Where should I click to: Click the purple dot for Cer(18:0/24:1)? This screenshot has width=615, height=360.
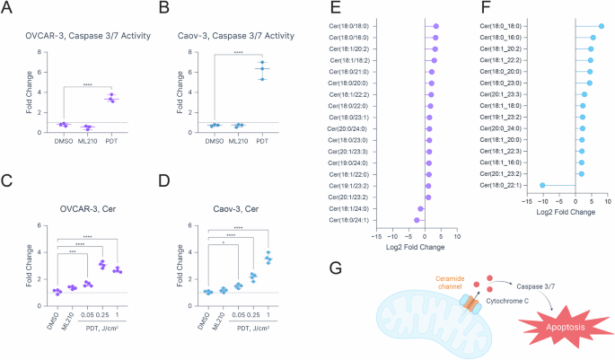click(417, 220)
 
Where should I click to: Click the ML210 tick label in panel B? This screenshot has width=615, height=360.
click(239, 139)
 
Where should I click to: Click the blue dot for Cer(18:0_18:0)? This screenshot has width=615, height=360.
click(601, 26)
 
